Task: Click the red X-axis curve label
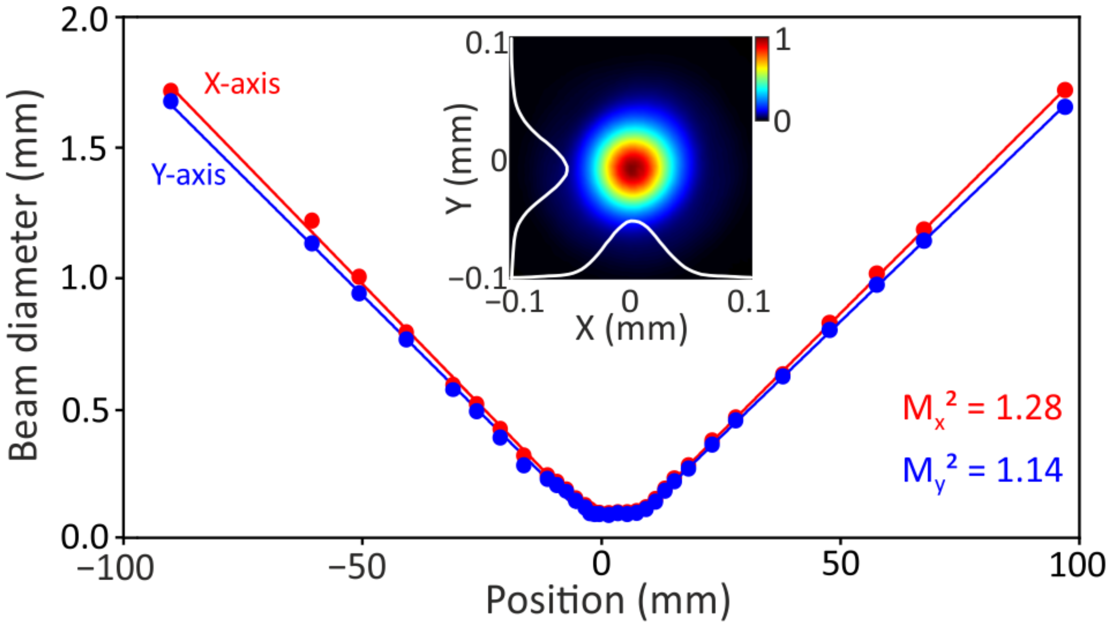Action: pyautogui.click(x=242, y=84)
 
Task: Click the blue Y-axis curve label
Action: pyautogui.click(x=189, y=175)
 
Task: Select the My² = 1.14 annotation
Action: pyautogui.click(x=982, y=471)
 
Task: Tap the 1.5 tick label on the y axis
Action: pyautogui.click(x=84, y=150)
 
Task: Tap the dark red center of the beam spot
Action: pyautogui.click(x=632, y=168)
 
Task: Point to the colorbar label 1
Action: pyautogui.click(x=783, y=41)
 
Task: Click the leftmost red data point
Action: pyautogui.click(x=171, y=90)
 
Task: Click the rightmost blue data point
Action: pyautogui.click(x=1065, y=107)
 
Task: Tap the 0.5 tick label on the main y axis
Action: pyautogui.click(x=84, y=411)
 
